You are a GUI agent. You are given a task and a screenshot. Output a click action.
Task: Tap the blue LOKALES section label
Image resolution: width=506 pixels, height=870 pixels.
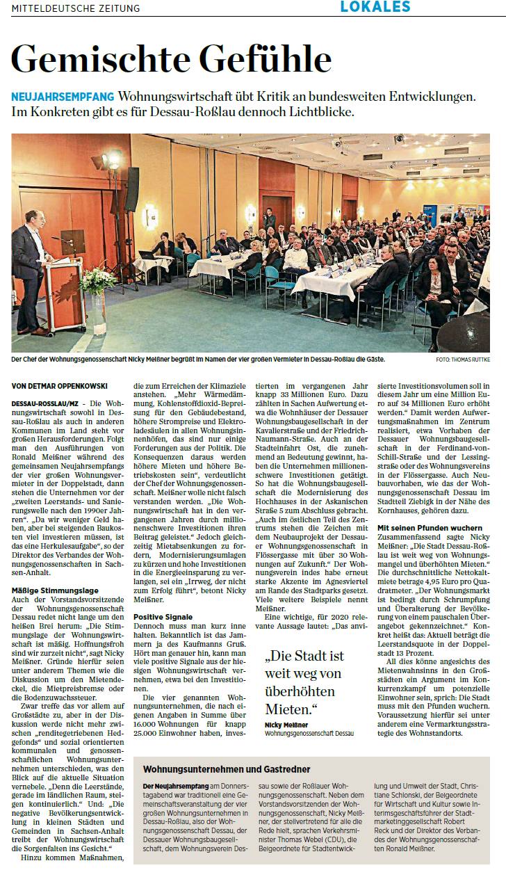(375, 7)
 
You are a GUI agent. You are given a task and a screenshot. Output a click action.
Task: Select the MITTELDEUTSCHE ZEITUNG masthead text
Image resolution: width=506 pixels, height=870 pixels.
(76, 8)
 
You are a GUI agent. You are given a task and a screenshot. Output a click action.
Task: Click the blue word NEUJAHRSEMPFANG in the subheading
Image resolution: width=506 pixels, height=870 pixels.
(63, 96)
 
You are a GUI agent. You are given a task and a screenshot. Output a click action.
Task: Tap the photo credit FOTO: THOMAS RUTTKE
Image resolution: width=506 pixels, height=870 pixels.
(463, 360)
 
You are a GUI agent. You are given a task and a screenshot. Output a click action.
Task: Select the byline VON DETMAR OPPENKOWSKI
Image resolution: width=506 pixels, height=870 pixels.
(58, 385)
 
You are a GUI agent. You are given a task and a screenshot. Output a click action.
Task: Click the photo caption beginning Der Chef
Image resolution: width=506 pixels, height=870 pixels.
(198, 360)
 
